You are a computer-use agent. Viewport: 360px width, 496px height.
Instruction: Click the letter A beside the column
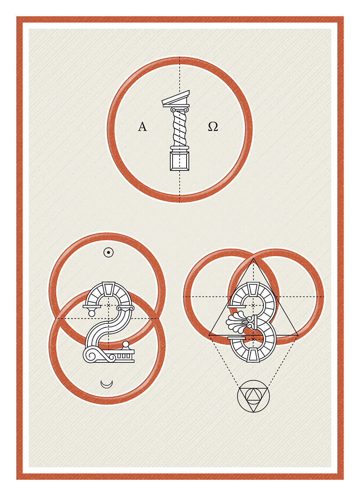pos(142,127)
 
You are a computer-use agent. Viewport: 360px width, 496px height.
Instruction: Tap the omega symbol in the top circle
pos(213,127)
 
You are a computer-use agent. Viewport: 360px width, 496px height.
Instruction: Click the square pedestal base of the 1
pos(180,162)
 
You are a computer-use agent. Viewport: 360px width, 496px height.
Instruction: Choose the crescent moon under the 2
pos(107,384)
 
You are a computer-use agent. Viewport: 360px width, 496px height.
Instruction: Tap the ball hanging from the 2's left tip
pos(91,313)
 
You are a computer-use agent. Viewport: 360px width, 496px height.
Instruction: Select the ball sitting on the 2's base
pos(126,344)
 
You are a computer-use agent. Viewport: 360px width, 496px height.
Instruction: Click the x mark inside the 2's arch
pos(108,305)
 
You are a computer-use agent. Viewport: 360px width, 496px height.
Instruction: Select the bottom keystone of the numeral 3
pos(253,355)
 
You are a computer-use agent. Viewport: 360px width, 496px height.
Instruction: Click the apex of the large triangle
pos(253,260)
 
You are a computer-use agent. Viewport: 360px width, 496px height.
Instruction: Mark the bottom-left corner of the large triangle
pos(209,335)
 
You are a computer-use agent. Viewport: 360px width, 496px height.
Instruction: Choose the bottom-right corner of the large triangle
pos(298,335)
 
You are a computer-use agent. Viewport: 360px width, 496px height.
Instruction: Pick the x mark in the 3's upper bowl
pos(253,305)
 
